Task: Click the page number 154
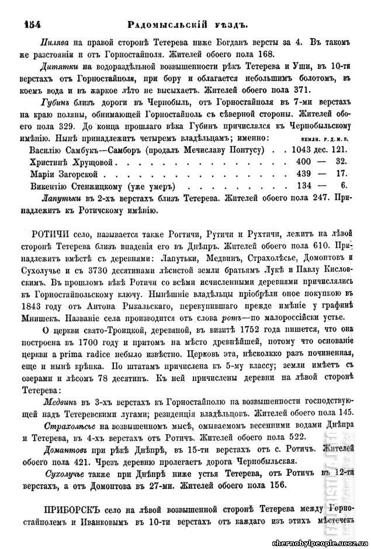tap(32, 24)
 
